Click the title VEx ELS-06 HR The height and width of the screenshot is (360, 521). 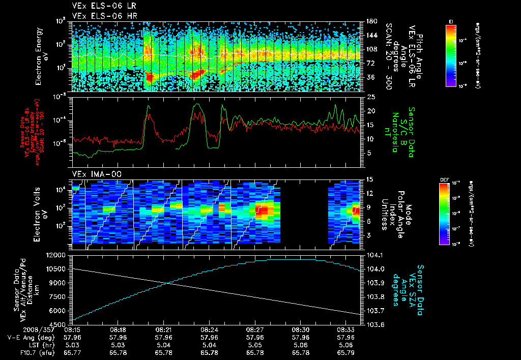click(x=104, y=16)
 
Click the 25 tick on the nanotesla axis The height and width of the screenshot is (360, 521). click(x=370, y=97)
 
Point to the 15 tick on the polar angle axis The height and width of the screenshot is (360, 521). click(x=369, y=179)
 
